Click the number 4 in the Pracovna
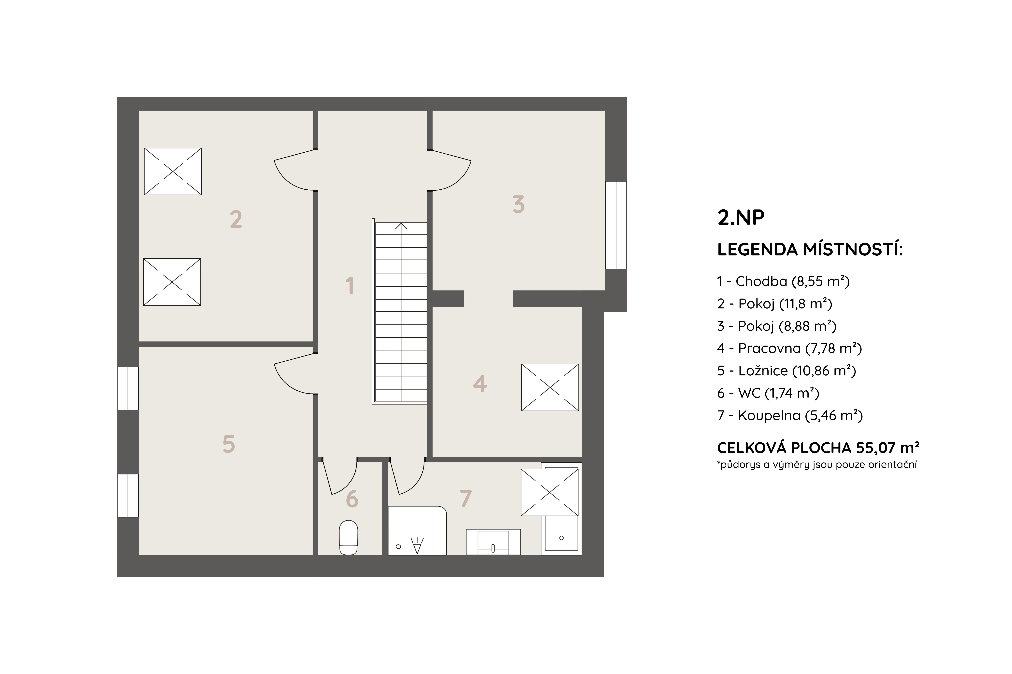click(x=480, y=384)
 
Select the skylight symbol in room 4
click(x=550, y=387)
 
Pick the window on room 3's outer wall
click(x=616, y=225)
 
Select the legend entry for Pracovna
click(x=789, y=348)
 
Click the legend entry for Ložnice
click(x=786, y=370)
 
